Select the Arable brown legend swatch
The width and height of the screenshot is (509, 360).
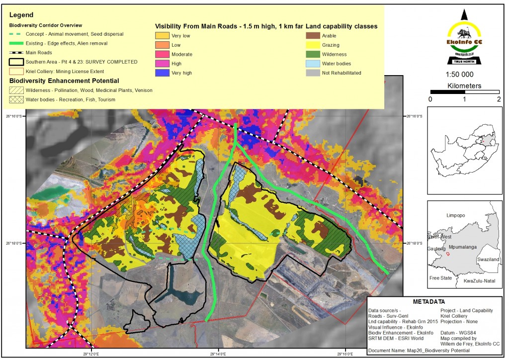point(313,36)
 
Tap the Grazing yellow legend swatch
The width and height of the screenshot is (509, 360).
point(313,45)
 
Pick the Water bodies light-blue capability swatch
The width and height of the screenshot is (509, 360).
point(313,63)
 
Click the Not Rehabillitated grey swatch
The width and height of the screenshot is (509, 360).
point(313,73)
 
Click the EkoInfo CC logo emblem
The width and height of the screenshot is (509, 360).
point(464,37)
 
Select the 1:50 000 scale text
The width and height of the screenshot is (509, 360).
point(464,75)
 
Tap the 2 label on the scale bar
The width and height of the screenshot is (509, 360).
point(499,99)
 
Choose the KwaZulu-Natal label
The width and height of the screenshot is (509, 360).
point(479,281)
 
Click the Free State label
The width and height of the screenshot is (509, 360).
point(441,278)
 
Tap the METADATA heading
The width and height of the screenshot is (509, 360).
point(430,302)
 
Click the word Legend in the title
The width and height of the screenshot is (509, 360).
point(20,14)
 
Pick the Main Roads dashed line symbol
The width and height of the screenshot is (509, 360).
point(18,52)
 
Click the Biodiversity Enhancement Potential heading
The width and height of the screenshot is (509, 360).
point(64,81)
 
